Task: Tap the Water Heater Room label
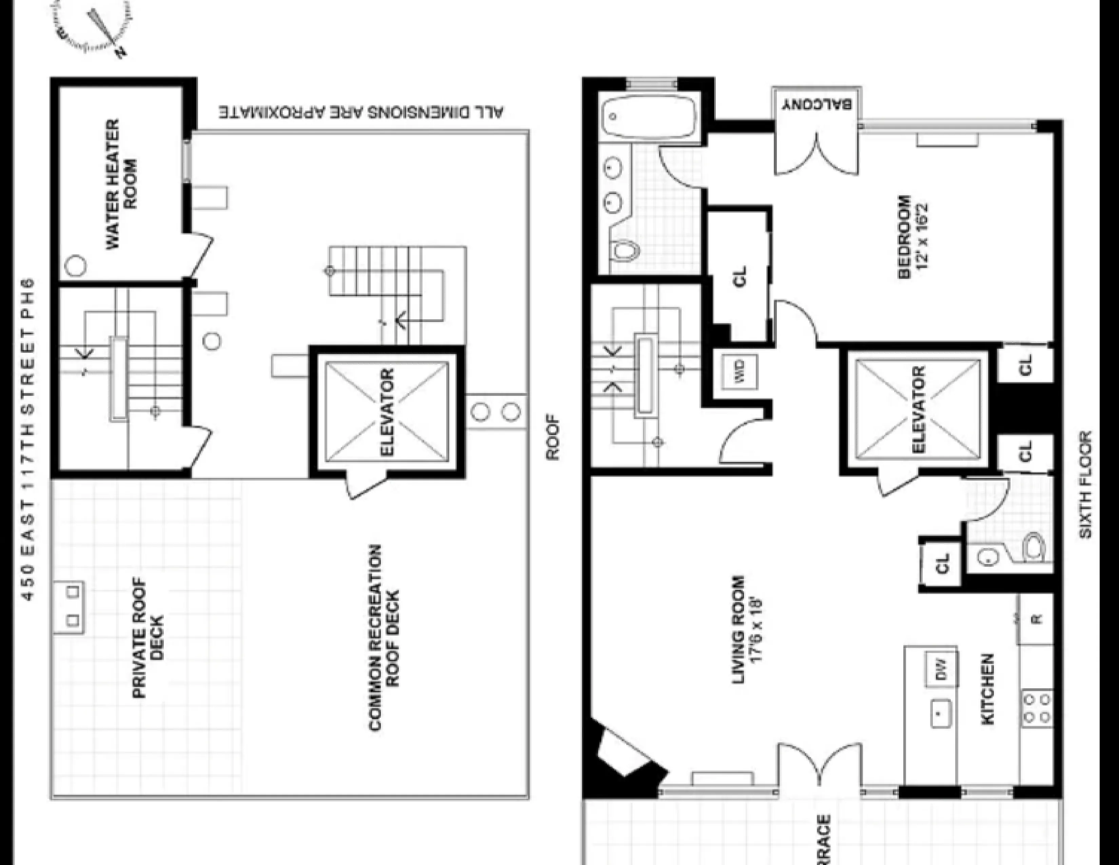pyautogui.click(x=122, y=185)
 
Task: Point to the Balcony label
pyautogui.click(x=817, y=104)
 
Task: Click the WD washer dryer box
pyautogui.click(x=739, y=370)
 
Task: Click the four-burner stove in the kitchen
pyautogui.click(x=1037, y=708)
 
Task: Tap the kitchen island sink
pyautogui.click(x=940, y=713)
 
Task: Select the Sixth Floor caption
pyautogui.click(x=1085, y=484)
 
